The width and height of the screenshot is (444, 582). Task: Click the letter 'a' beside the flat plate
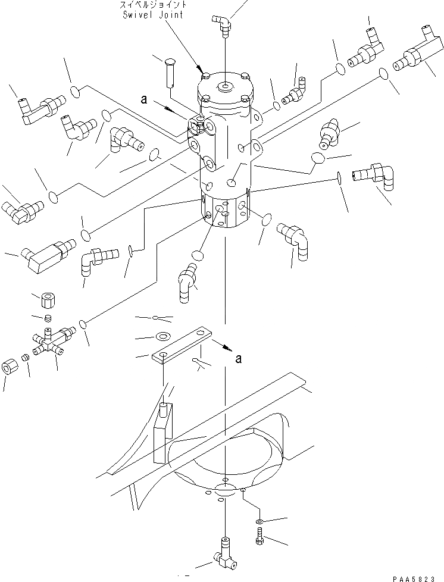pyautogui.click(x=239, y=358)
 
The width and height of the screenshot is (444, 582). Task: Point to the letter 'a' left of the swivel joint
pyautogui.click(x=143, y=100)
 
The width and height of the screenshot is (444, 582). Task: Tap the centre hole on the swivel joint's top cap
pyautogui.click(x=225, y=88)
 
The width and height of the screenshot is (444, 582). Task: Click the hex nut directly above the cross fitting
pyautogui.click(x=47, y=298)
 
